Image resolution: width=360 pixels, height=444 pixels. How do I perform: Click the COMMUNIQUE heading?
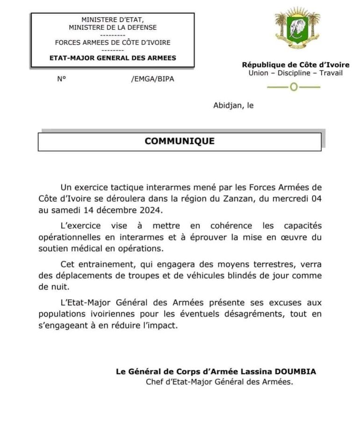click(180, 141)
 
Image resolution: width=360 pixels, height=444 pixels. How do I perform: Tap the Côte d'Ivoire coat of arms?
click(297, 29)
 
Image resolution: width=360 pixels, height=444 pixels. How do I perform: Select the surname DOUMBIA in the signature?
click(295, 371)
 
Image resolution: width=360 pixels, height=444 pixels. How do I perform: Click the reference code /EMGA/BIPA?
click(152, 79)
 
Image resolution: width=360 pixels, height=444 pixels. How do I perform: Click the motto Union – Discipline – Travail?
click(295, 73)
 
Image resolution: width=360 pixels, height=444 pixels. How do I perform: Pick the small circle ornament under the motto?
click(294, 87)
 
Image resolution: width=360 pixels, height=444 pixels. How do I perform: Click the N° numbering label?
click(61, 79)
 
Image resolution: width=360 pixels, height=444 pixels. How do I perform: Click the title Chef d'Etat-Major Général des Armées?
click(219, 382)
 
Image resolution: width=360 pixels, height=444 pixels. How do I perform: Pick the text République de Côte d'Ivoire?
click(295, 65)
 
